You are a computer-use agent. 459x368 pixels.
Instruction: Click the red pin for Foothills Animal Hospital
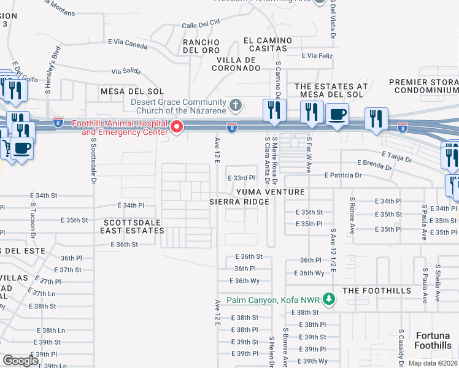tap(177, 127)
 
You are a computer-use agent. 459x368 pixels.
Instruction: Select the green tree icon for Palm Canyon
tap(330, 300)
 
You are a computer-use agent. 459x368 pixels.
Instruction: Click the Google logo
tap(21, 361)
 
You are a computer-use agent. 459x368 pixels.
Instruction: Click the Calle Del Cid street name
tap(201, 25)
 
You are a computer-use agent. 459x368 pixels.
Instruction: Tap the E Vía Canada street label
tap(128, 44)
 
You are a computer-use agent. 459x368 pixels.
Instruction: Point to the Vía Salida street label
tap(126, 71)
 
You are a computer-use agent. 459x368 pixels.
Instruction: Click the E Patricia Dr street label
tap(338, 175)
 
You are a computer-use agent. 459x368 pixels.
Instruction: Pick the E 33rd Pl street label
tap(241, 178)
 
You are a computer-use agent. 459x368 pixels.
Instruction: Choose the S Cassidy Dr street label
tap(399, 347)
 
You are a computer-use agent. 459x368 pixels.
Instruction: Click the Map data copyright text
tap(432, 363)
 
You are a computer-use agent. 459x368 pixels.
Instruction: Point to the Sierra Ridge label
tap(239, 202)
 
